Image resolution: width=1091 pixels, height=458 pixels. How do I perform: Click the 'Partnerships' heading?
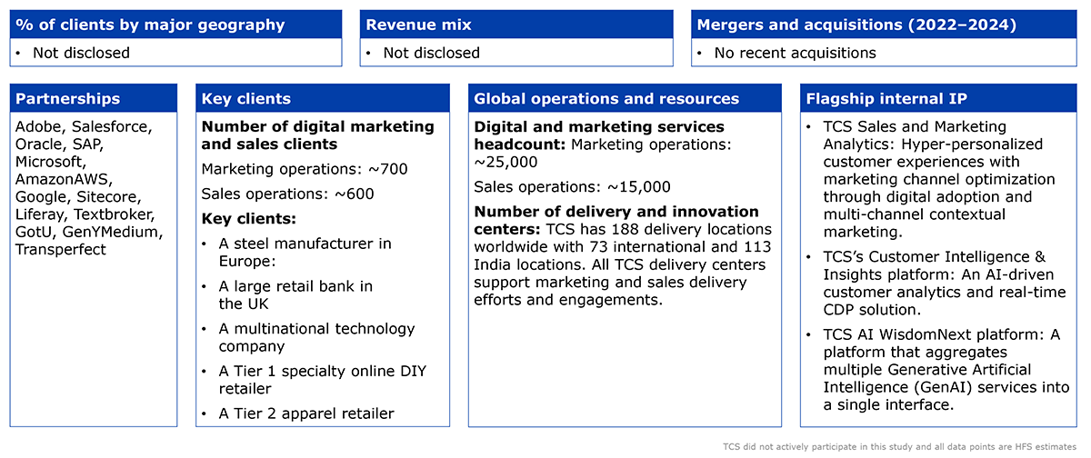point(67,99)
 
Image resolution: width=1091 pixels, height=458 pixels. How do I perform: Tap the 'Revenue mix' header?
point(418,25)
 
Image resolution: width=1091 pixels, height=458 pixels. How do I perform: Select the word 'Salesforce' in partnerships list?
point(112,126)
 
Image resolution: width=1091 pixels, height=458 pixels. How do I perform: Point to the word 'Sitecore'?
point(108,197)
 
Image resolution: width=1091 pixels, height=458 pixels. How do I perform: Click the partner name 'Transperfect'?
point(60,250)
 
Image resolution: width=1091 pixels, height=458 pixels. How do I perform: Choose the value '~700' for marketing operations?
point(387,169)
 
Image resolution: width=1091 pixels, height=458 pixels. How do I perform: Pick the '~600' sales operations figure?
point(354,194)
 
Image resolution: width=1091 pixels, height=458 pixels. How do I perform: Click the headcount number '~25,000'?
point(505,162)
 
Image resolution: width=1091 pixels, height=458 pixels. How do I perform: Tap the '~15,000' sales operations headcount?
point(638,187)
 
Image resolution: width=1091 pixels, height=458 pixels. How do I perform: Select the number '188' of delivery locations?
point(624,229)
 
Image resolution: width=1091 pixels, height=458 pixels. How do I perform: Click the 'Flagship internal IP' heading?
point(886,99)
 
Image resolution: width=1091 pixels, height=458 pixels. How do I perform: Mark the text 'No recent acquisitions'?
point(795,53)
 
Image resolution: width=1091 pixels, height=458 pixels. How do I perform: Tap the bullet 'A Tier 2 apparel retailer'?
point(306,413)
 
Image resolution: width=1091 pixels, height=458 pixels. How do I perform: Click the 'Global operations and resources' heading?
point(606,99)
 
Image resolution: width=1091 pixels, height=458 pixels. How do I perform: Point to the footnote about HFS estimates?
point(899,447)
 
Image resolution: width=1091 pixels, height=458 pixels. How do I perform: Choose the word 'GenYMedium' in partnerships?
point(113,232)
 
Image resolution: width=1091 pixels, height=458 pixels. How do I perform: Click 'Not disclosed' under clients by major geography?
point(81,53)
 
